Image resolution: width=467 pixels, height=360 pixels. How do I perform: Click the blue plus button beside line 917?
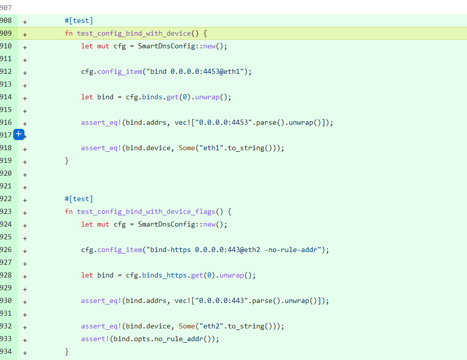pyautogui.click(x=18, y=134)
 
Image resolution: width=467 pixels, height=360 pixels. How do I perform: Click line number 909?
pyautogui.click(x=6, y=34)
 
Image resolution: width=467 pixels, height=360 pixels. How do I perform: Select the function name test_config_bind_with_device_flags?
pyautogui.click(x=146, y=212)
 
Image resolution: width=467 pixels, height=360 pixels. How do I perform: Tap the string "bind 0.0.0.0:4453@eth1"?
pyautogui.click(x=197, y=72)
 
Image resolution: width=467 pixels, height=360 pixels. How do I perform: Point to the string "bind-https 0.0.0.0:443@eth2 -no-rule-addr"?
pyautogui.click(x=235, y=250)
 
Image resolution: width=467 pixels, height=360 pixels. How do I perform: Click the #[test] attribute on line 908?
pyautogui.click(x=79, y=21)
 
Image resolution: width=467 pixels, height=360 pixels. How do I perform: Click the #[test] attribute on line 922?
pyautogui.click(x=79, y=199)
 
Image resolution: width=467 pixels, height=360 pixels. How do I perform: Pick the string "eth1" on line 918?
pyautogui.click(x=209, y=148)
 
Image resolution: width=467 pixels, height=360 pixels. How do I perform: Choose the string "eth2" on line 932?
pyautogui.click(x=209, y=326)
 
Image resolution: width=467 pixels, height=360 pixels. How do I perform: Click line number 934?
pyautogui.click(x=6, y=352)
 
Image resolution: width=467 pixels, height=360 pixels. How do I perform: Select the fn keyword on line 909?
pyautogui.click(x=69, y=34)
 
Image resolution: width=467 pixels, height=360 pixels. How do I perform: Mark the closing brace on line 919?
pyautogui.click(x=67, y=161)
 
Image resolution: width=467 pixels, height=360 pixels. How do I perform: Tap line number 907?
pyautogui.click(x=6, y=8)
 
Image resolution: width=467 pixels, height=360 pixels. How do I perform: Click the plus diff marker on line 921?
pyautogui.click(x=25, y=186)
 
